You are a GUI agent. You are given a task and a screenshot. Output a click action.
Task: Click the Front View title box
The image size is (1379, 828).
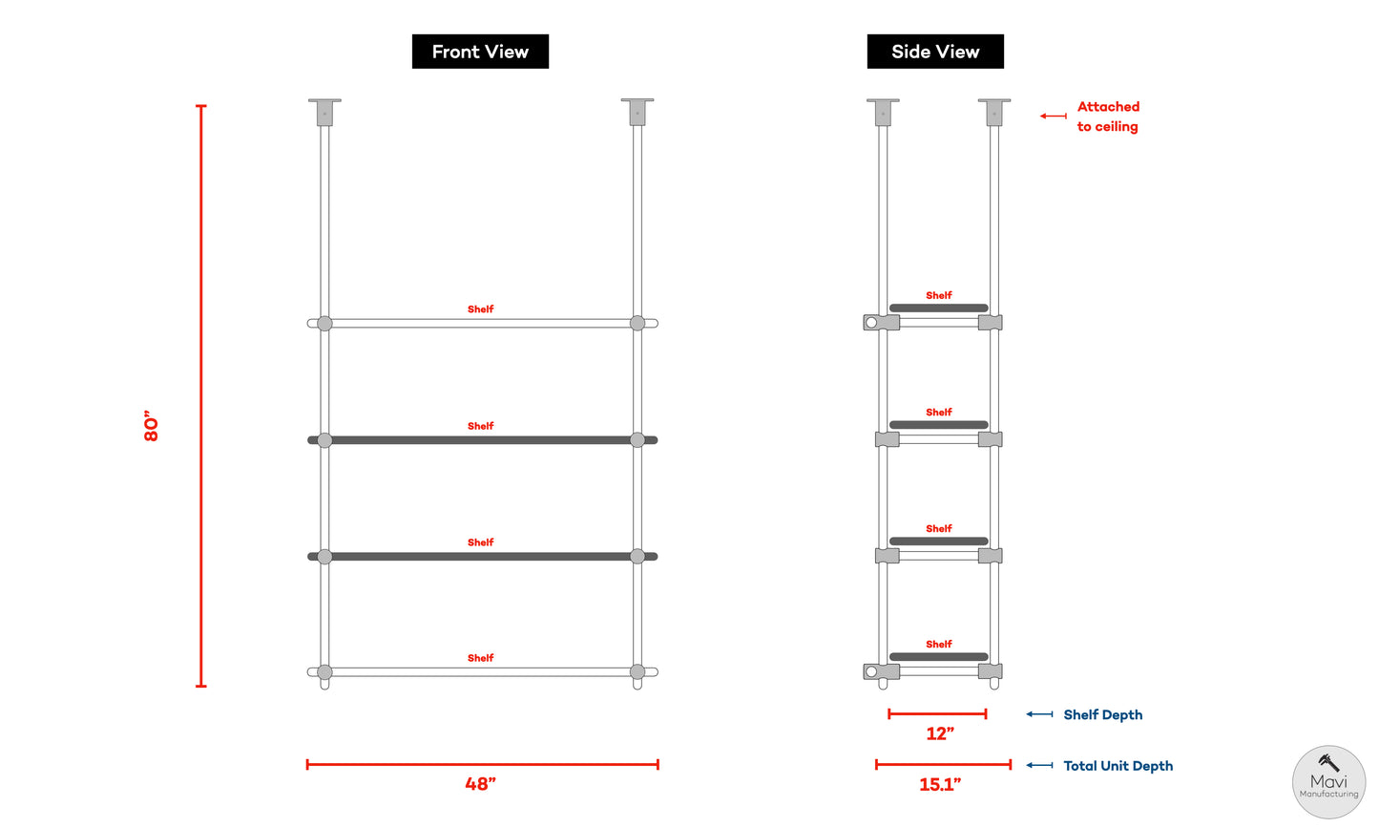tap(480, 52)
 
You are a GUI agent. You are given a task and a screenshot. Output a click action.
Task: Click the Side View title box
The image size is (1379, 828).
tap(935, 52)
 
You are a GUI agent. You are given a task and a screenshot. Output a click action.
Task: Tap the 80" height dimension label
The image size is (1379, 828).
tap(151, 426)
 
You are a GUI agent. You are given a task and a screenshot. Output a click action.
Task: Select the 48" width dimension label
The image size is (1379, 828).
tap(480, 784)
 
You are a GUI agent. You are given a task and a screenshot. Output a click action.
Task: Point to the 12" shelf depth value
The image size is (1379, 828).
tap(940, 733)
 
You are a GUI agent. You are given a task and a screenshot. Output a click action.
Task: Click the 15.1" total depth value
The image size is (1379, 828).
tap(940, 784)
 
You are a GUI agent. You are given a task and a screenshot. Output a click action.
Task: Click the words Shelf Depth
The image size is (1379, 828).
tap(1102, 714)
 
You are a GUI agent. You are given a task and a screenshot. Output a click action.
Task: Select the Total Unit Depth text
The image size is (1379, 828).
tap(1118, 766)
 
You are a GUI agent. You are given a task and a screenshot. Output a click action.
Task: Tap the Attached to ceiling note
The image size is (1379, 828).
tap(1107, 117)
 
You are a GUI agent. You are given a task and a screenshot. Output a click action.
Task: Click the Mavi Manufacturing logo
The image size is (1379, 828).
tap(1328, 782)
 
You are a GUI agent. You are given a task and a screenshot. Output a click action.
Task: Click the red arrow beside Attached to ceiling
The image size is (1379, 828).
tap(1054, 116)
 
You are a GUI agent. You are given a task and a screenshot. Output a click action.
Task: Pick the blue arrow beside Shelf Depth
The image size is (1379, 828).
tap(1039, 714)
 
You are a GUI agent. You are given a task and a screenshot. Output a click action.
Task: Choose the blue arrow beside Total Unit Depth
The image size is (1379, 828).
tap(1039, 765)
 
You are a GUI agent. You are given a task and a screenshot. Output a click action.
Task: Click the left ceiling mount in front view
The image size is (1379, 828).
tap(324, 112)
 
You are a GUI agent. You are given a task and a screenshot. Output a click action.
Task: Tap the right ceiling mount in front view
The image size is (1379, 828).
tap(637, 112)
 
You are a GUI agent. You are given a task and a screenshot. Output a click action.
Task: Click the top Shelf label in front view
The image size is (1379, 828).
tap(480, 309)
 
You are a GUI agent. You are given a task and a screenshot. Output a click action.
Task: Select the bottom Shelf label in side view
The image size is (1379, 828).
tap(938, 645)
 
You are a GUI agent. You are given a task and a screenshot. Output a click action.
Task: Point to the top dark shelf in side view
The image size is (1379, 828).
tap(938, 308)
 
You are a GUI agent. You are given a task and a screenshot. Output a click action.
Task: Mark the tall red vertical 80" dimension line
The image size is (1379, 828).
tap(201, 395)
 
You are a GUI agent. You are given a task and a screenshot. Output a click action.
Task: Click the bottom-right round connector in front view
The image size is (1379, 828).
tap(637, 672)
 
